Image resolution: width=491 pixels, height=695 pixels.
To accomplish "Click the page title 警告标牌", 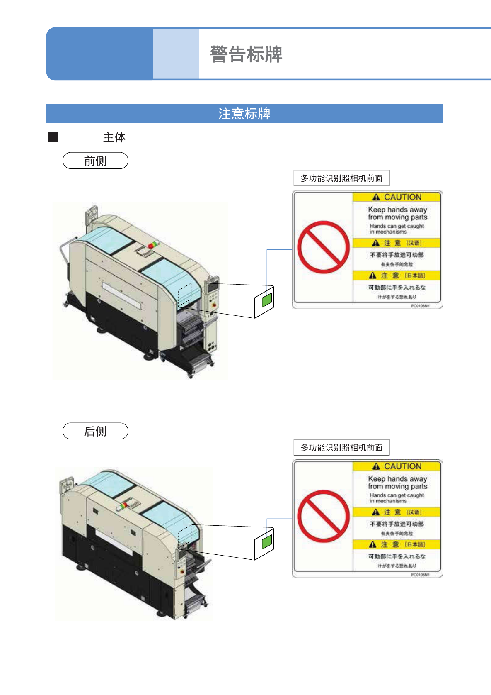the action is point(246,54).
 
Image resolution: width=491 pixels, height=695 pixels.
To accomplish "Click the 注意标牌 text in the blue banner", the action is point(244,114).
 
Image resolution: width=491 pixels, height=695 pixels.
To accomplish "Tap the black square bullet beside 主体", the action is point(53,137).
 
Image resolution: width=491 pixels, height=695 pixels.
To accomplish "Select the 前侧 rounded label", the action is point(95,161).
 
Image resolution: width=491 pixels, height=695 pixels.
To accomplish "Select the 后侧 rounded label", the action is point(95,431).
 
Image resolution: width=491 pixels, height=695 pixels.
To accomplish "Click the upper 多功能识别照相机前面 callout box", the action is point(341,178).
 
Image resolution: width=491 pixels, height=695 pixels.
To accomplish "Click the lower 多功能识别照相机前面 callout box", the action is point(341,447).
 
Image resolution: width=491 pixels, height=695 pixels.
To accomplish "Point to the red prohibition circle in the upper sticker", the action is point(323,247).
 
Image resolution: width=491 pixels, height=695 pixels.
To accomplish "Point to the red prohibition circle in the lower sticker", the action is point(323,516).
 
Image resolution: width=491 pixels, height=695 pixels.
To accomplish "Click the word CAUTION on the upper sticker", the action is point(402,197).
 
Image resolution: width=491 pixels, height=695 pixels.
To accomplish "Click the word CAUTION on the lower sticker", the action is point(402,466).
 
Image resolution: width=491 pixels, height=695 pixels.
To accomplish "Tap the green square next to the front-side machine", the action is point(267,299).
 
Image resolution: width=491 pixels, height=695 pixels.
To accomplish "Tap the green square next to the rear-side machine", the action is point(267,541).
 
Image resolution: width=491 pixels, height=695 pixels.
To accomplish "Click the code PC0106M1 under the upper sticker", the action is point(420,306).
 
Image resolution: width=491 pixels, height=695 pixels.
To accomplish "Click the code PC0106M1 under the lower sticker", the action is point(420,575).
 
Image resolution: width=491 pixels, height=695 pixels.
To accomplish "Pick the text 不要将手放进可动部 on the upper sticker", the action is point(397,255).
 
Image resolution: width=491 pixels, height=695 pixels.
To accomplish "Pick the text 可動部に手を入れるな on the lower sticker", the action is point(397,556).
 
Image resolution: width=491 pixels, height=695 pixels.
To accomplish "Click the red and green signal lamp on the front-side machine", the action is point(153,245).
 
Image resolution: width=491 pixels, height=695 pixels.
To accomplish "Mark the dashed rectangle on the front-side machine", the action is point(185,294).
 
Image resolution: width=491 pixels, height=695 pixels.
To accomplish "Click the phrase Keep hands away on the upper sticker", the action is point(397,210).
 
